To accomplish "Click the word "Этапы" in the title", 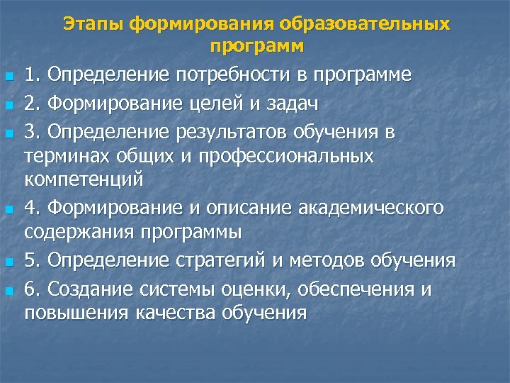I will point(93,25).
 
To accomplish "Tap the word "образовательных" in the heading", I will point(365,25).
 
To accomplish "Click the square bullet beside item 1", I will point(9,77).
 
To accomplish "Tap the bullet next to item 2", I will point(9,106).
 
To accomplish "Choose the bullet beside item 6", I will point(9,291).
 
